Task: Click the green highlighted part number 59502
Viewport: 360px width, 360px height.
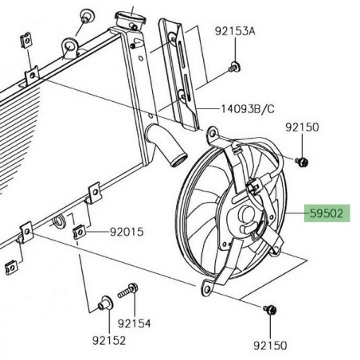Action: tap(327, 214)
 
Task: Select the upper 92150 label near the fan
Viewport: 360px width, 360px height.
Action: tap(303, 127)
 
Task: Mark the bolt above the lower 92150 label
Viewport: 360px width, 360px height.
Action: tap(268, 309)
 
